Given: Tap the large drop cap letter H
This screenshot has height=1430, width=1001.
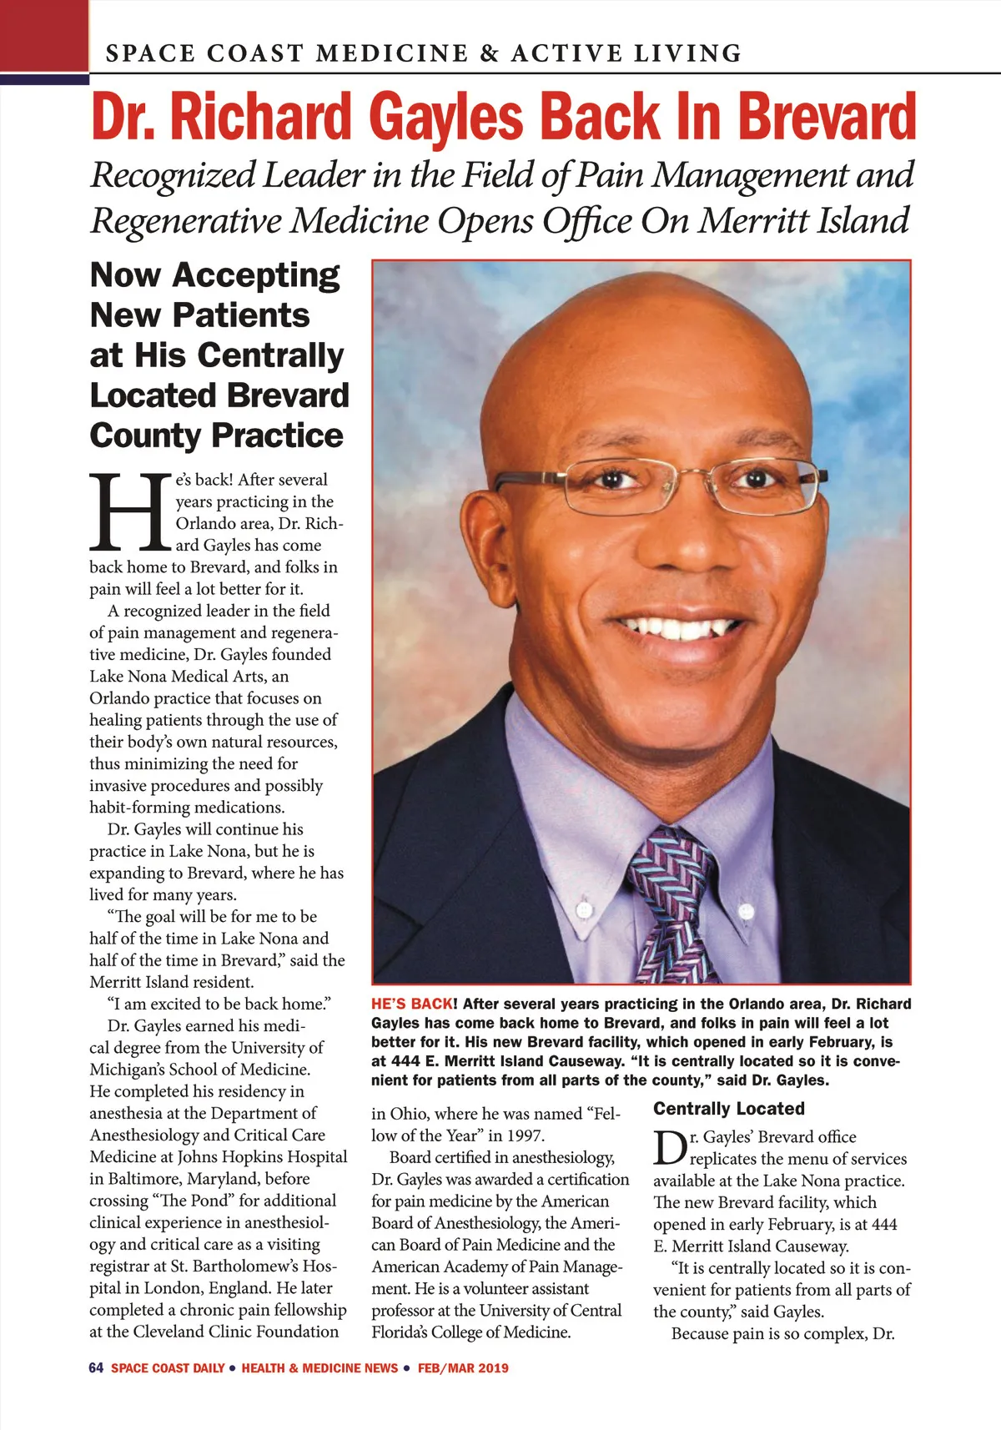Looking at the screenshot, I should (130, 511).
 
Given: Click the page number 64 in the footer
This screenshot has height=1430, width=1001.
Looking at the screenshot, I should (96, 1368).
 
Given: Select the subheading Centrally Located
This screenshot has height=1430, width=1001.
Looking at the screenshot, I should (729, 1109).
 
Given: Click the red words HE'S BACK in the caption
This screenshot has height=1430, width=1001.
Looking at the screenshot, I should (413, 1004).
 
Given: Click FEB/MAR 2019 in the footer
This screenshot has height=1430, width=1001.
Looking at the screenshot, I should (463, 1368).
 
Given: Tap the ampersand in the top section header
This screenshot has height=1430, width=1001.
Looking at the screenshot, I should (490, 53).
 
